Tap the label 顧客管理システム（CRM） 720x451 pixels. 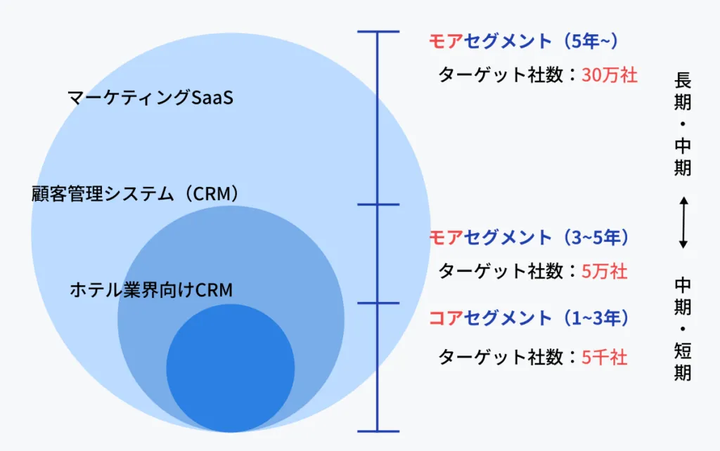[x=136, y=194]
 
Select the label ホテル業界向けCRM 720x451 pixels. [x=151, y=289]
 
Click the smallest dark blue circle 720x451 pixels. [x=231, y=367]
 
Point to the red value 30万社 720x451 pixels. [x=610, y=75]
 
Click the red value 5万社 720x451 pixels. [x=604, y=271]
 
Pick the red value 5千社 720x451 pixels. [x=604, y=358]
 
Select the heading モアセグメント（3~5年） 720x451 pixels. [x=528, y=237]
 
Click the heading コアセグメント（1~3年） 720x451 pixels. [x=528, y=318]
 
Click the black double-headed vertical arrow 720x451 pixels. [x=683, y=223]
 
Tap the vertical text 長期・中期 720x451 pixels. [x=683, y=124]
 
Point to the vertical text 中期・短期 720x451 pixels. [x=683, y=329]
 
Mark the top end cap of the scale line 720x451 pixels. [x=378, y=32]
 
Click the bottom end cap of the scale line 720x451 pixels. [x=378, y=431]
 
